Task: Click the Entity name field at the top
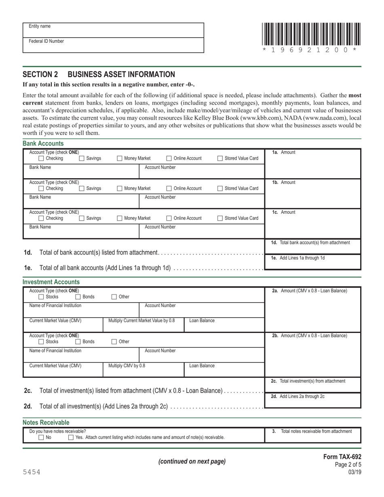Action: pos(113,30)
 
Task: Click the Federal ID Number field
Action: pos(113,45)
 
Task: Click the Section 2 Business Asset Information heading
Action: pos(99,74)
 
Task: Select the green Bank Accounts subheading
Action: pos(43,143)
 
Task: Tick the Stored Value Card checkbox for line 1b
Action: pos(220,188)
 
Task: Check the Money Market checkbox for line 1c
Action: pos(120,218)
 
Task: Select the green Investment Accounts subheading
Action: pos(51,282)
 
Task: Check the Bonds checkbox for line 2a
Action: pos(78,297)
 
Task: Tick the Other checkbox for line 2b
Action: pos(114,341)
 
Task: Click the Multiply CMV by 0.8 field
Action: pos(143,369)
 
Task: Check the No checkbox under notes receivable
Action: pos(41,437)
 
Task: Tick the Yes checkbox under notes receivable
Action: pos(71,437)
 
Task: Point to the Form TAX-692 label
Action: pos(342,457)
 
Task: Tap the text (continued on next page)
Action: pos(192,461)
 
